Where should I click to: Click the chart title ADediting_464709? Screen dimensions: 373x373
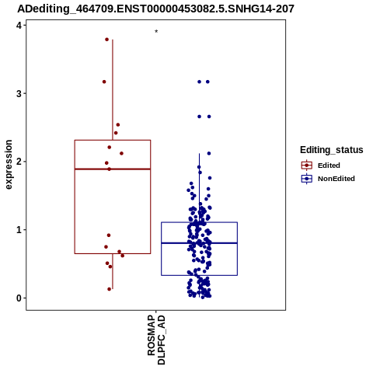155,9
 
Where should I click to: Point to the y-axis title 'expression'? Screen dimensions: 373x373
9,165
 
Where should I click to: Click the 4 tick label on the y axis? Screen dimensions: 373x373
19,26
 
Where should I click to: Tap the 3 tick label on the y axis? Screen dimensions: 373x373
19,93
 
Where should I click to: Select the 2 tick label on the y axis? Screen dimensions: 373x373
19,162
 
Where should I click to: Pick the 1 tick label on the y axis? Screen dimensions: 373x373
19,230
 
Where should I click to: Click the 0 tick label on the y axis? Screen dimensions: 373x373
19,298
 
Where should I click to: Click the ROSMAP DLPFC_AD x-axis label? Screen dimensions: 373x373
156,340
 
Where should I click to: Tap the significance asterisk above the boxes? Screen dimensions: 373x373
156,32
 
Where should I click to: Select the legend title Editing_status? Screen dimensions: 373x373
332,150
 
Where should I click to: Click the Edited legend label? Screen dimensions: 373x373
329,166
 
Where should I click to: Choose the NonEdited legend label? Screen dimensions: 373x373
336,179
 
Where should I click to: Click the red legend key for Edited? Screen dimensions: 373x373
307,166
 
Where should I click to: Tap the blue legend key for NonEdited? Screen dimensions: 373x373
307,179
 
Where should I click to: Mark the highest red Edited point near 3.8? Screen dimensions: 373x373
106,40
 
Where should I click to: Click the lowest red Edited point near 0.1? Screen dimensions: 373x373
110,289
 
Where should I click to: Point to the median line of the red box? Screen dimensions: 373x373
113,169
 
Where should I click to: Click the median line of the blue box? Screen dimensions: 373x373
200,243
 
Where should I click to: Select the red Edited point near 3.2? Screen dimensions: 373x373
104,82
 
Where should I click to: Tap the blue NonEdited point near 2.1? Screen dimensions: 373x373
209,153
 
